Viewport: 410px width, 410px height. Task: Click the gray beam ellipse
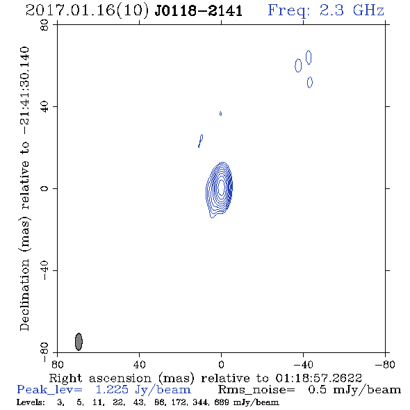(x=79, y=341)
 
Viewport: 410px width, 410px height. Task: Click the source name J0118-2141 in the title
(x=199, y=10)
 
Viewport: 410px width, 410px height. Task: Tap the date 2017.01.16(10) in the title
(x=88, y=10)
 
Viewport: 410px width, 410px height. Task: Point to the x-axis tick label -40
(x=303, y=364)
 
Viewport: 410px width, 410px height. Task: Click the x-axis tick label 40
(x=139, y=364)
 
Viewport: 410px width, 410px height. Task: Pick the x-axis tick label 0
(x=221, y=364)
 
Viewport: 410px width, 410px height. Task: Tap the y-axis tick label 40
(x=44, y=107)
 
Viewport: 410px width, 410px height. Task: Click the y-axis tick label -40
(x=44, y=270)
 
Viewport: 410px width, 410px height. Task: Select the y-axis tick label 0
(x=44, y=188)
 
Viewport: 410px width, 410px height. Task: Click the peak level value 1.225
(x=112, y=390)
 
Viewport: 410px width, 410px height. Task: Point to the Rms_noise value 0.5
(x=317, y=390)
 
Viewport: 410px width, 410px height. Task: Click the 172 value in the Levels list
(x=182, y=402)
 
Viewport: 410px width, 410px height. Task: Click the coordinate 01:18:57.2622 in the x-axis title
(x=318, y=378)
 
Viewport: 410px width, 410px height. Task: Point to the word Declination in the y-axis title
(x=24, y=295)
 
